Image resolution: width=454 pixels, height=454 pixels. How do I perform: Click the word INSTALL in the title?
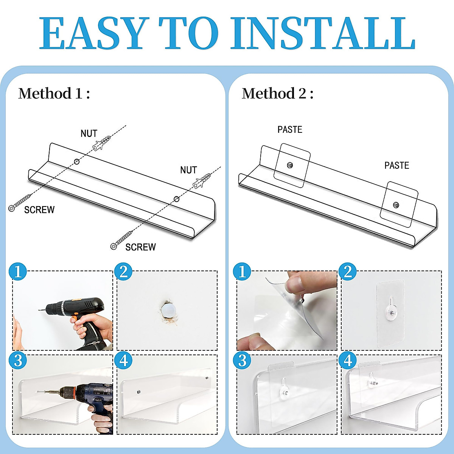click(324, 33)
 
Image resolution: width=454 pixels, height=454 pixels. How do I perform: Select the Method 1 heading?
click(54, 93)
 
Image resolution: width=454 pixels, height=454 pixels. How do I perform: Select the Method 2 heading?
click(278, 93)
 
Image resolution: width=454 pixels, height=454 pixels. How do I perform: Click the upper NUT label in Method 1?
click(89, 134)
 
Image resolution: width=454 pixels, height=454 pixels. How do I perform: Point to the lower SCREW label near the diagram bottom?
click(140, 247)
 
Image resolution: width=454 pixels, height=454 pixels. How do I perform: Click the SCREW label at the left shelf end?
click(39, 210)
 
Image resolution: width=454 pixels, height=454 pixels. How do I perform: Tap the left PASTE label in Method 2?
click(290, 130)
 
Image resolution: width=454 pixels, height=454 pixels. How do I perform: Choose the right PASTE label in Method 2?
click(397, 165)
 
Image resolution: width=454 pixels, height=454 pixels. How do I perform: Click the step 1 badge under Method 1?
click(18, 272)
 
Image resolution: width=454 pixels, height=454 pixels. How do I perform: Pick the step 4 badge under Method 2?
click(348, 360)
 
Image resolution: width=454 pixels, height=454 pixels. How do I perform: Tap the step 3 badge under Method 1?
click(18, 360)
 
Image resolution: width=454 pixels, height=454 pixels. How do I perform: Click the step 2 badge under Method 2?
click(348, 272)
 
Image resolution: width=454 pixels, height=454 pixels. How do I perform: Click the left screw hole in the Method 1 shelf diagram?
click(77, 162)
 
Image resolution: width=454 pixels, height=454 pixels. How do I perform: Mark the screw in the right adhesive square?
click(396, 205)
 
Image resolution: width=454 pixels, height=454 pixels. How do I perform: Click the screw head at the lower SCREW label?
click(113, 247)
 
